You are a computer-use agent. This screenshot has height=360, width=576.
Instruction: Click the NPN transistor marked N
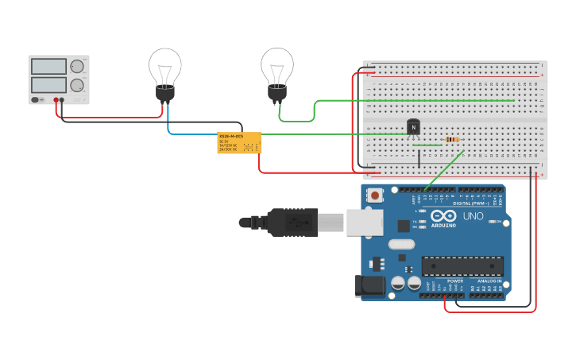413,126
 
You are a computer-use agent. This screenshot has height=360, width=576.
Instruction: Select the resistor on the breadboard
452,140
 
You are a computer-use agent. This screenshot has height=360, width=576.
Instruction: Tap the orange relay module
239,142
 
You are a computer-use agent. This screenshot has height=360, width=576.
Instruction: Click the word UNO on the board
474,215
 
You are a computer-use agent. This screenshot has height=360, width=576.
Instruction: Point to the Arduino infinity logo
443,215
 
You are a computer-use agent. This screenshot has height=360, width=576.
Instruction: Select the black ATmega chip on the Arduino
462,266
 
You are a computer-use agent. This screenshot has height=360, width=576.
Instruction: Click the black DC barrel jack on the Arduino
371,285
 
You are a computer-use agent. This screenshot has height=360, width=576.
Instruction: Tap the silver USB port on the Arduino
365,223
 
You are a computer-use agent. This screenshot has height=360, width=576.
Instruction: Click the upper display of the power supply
48,67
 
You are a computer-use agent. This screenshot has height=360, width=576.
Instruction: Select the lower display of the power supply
48,84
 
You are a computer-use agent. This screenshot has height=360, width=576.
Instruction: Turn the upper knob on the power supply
76,67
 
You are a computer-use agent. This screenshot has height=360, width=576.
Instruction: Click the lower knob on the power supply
76,85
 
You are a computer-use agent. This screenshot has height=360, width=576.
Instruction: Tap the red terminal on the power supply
56,100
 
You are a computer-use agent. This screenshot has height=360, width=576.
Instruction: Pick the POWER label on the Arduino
455,281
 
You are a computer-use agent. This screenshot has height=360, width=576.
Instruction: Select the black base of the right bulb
276,95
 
